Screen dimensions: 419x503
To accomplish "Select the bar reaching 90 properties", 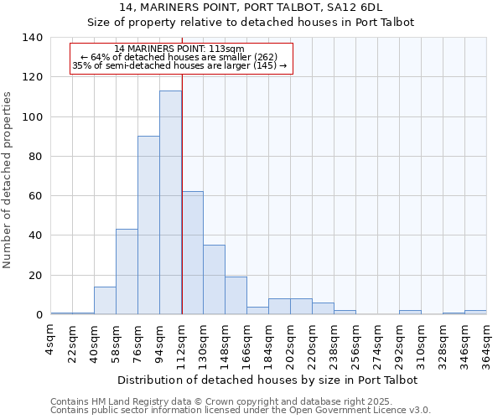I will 148,225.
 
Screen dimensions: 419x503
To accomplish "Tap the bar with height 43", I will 127,272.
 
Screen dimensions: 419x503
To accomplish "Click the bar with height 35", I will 214,280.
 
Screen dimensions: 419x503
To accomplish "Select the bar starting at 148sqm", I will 236,296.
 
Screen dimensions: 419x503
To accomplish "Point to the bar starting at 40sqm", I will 105,301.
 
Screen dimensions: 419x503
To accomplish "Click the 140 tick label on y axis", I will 32,38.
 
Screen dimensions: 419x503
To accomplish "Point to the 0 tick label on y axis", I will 39,315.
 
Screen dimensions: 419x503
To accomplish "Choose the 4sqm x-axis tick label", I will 51,338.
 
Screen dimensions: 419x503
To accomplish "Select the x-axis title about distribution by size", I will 268,380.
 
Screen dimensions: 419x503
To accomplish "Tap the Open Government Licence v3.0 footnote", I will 240,411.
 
